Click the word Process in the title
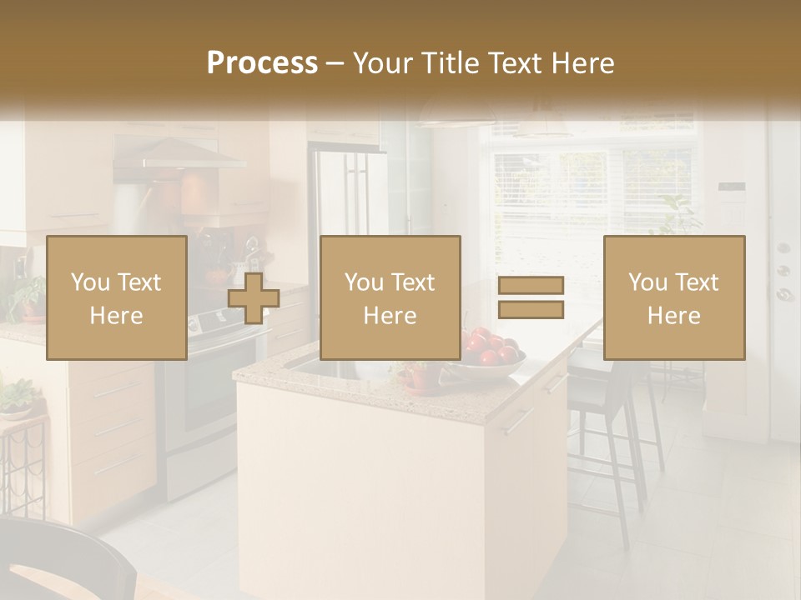tap(262, 63)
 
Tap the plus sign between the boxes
tap(254, 298)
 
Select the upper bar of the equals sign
tap(531, 285)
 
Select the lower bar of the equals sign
tap(531, 310)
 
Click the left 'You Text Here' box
tap(117, 297)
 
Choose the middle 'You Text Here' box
tap(390, 297)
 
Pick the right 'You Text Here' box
tap(674, 297)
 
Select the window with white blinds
tap(592, 200)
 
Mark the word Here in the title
tap(582, 63)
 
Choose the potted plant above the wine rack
tap(17, 396)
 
